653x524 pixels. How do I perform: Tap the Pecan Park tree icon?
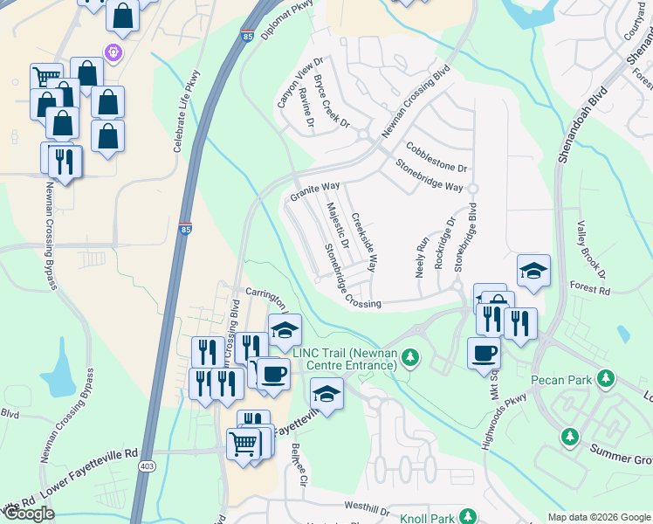[604, 380]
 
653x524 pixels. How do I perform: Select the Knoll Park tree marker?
[469, 518]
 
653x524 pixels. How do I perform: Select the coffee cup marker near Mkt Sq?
[484, 353]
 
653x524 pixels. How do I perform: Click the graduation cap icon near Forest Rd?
[533, 270]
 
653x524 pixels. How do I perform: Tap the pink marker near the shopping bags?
[113, 52]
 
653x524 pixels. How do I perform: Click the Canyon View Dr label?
[299, 84]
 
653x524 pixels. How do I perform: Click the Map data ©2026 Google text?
[598, 517]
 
